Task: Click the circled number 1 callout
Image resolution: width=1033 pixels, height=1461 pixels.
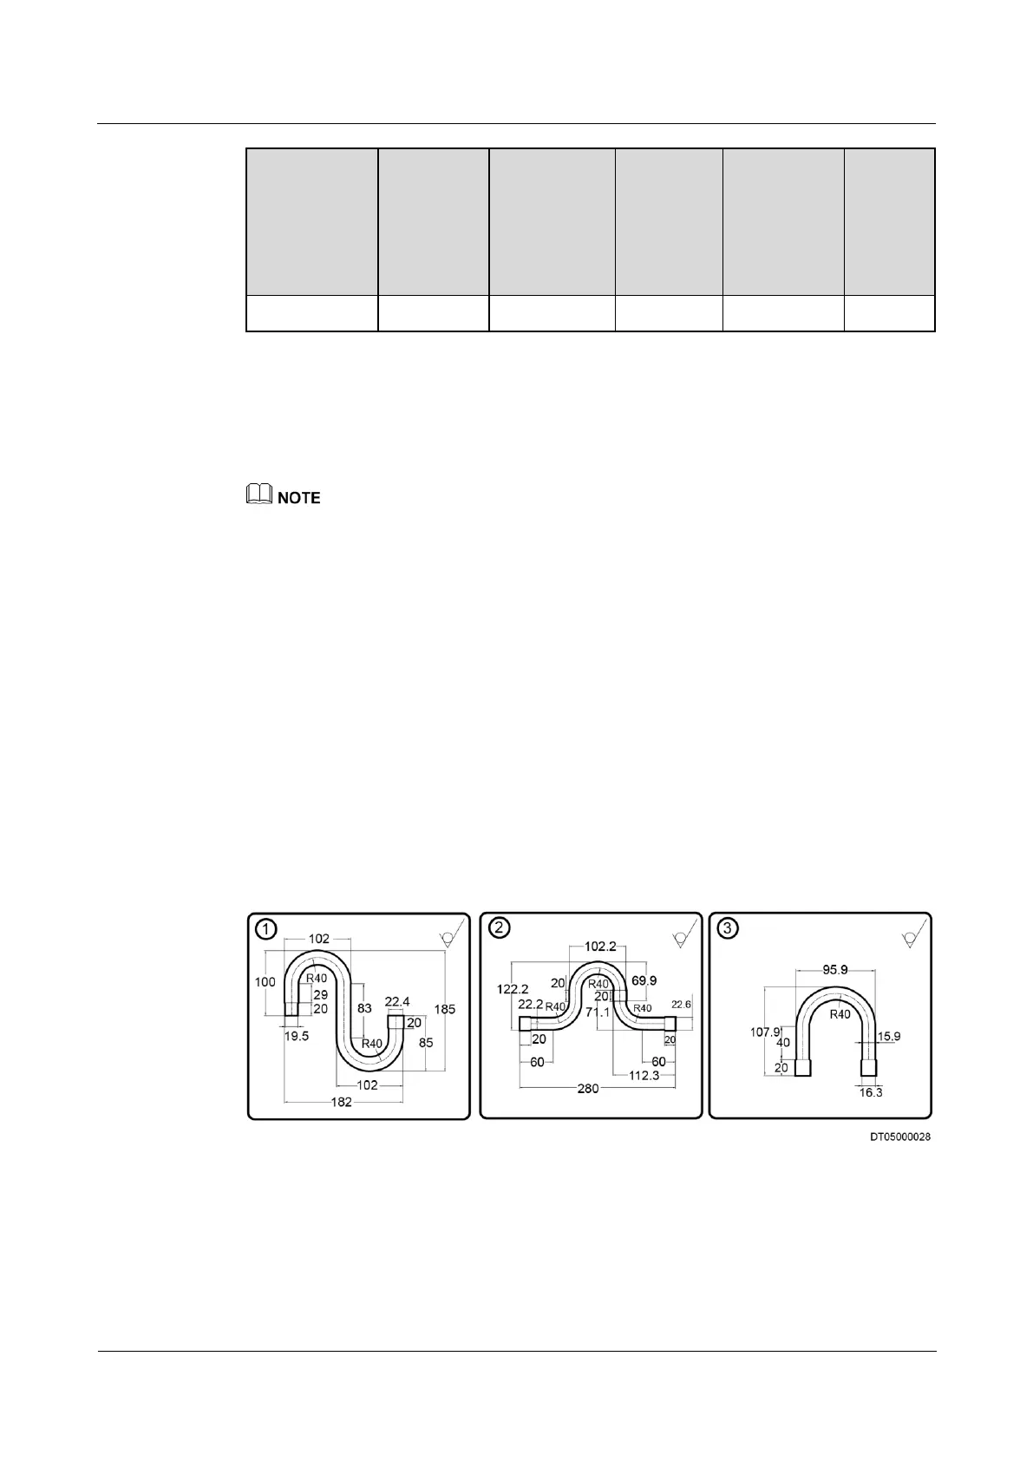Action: [265, 929]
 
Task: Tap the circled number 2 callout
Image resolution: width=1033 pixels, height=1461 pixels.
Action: [499, 927]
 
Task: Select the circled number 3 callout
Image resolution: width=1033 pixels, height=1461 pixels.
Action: [728, 928]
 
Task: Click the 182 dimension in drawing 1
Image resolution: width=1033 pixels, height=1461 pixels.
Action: [342, 1102]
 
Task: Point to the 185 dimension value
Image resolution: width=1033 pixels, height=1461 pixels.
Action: [445, 1009]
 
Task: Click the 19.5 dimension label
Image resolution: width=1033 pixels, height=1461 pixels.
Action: [297, 1036]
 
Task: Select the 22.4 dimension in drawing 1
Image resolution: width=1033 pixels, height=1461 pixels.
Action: [397, 1001]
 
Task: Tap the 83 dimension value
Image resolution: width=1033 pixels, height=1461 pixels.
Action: [365, 1008]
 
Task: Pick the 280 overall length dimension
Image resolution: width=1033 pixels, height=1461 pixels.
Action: [588, 1088]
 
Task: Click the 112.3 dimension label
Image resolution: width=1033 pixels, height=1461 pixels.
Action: [644, 1075]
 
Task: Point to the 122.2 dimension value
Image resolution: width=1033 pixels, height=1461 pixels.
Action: [513, 989]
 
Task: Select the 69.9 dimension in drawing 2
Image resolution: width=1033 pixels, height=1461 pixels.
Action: [644, 980]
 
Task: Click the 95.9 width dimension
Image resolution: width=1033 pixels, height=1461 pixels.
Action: [834, 969]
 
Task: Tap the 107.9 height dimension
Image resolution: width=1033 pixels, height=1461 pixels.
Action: [764, 1032]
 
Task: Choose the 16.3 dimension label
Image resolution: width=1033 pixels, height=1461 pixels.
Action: [870, 1092]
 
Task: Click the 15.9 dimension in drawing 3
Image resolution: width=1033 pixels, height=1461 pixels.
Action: [889, 1036]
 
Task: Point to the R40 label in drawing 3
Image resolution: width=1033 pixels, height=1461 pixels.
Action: [840, 1014]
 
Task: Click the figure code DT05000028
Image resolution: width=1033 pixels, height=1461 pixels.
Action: [900, 1137]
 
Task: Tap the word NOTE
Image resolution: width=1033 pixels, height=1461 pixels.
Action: [298, 498]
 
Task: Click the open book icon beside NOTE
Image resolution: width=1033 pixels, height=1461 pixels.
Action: [258, 496]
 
